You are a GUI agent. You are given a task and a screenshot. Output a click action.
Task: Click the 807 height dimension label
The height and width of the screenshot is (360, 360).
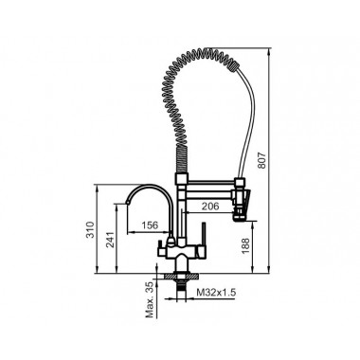pos(262,160)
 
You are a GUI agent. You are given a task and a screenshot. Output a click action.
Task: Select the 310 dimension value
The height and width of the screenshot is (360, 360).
pos(90,229)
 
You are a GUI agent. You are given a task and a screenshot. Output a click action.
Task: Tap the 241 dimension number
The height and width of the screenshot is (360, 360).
pos(111,241)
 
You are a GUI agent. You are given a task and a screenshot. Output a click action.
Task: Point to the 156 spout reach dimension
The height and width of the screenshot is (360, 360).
pos(150,225)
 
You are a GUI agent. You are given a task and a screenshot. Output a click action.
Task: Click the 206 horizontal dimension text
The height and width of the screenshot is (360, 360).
pos(210,207)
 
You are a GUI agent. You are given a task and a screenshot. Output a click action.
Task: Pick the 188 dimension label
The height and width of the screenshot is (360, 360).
pos(245,245)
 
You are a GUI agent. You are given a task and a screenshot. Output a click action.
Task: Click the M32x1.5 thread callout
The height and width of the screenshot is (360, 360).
pos(216,293)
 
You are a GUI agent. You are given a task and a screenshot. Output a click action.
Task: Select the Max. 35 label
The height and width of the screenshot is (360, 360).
pos(150,300)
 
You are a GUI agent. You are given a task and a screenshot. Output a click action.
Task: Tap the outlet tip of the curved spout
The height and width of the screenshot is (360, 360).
pos(127,203)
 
